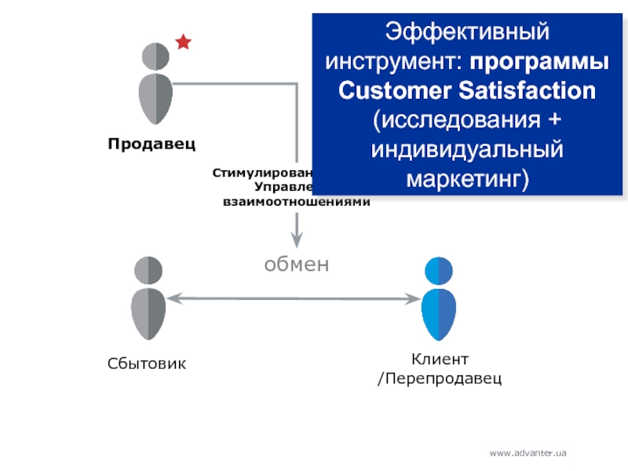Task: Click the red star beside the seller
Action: (183, 42)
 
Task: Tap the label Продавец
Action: (152, 144)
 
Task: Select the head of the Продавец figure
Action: (155, 57)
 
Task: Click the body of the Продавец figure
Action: (155, 98)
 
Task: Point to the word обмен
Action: (296, 265)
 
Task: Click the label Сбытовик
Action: (147, 363)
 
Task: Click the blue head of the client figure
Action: (439, 270)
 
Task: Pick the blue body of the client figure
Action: (439, 312)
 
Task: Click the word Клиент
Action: (440, 360)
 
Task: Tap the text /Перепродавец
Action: (440, 378)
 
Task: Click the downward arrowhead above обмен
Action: (297, 239)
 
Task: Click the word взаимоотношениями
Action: (296, 202)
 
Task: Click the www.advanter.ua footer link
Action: (528, 453)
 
